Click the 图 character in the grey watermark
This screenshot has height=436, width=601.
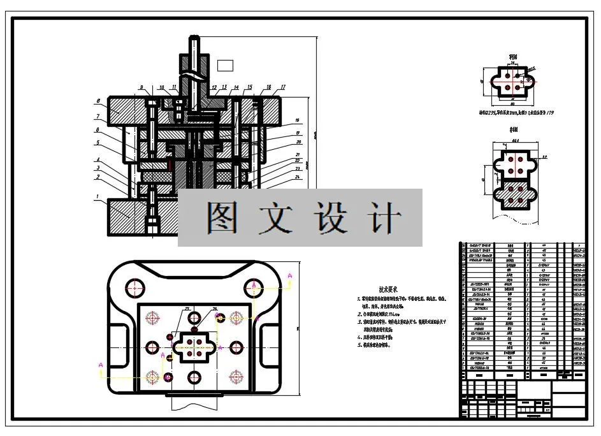(222, 218)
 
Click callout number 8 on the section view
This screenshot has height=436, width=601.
(99, 101)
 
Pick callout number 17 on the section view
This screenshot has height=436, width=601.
(282, 87)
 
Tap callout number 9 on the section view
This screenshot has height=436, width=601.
(142, 87)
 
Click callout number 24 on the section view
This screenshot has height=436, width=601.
(297, 176)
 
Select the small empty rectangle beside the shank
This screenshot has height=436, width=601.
(226, 64)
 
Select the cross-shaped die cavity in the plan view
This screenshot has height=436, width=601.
(195, 347)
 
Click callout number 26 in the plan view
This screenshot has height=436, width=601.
(215, 309)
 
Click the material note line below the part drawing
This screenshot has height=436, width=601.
(517, 113)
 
